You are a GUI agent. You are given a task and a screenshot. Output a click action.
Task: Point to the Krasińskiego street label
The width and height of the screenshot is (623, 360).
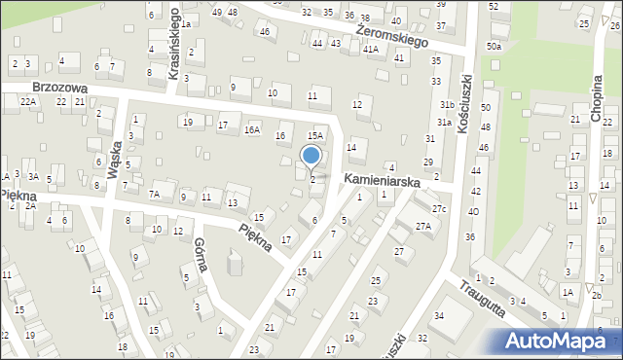[x=174, y=45]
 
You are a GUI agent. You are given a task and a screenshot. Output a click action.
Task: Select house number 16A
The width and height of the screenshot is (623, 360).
[x=253, y=129]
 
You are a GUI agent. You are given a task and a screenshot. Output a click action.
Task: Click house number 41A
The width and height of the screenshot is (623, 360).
[x=370, y=49]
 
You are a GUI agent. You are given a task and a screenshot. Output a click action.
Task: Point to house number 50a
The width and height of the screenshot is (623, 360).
[x=495, y=46]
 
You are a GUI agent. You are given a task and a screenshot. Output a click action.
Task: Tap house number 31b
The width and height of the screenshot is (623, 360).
[x=447, y=104]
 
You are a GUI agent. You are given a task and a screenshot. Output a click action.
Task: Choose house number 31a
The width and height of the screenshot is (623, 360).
[x=443, y=123]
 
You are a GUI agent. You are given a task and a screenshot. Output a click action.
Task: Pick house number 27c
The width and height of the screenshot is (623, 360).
[x=439, y=209]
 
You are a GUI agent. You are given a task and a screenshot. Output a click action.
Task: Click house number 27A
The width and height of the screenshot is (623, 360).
[x=423, y=227]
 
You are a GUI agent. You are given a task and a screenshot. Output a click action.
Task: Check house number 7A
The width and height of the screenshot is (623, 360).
[x=154, y=195]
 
